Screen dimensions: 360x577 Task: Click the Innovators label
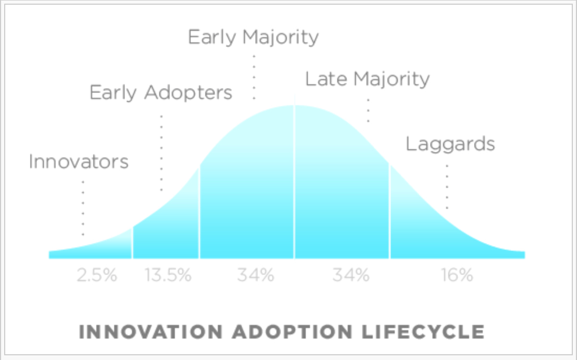(79, 161)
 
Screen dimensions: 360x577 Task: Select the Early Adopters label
(161, 93)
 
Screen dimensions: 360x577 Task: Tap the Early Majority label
(253, 37)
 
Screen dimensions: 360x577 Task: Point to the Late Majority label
(367, 79)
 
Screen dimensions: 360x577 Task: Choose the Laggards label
(450, 144)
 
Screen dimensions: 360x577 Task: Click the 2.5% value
(97, 275)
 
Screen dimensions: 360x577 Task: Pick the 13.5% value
(168, 275)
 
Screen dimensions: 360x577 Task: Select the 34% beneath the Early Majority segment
(256, 275)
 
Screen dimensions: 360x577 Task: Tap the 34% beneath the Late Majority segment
(351, 275)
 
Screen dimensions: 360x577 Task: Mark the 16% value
(457, 275)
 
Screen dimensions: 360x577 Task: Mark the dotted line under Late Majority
(368, 110)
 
